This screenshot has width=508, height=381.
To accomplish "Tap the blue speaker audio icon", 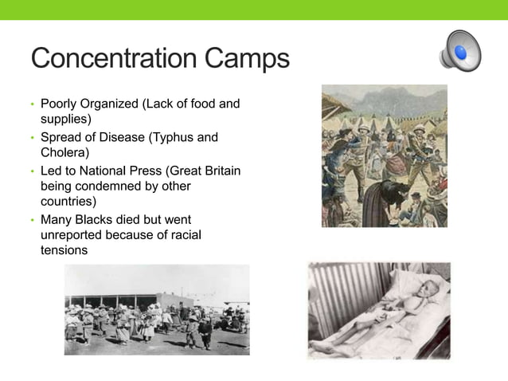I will tap(459, 52).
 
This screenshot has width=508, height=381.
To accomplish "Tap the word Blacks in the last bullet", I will tap(95, 219).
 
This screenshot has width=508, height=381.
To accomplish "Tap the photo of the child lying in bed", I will tap(378, 310).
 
